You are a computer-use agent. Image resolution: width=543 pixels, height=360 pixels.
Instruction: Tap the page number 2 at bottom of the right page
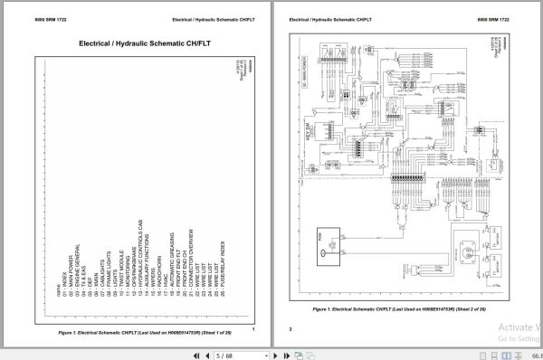coord(291,329)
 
